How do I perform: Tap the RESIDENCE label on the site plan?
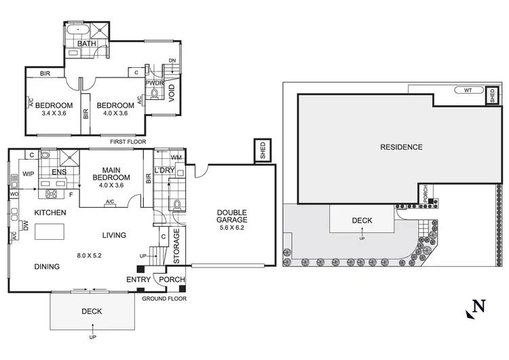click(x=401, y=147)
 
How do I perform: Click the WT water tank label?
click(x=468, y=90)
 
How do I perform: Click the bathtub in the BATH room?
click(x=79, y=32)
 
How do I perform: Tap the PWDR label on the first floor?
click(x=153, y=83)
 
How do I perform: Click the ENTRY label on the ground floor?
click(x=138, y=279)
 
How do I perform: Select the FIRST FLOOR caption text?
click(x=130, y=142)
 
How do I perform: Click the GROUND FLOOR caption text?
click(x=164, y=298)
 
